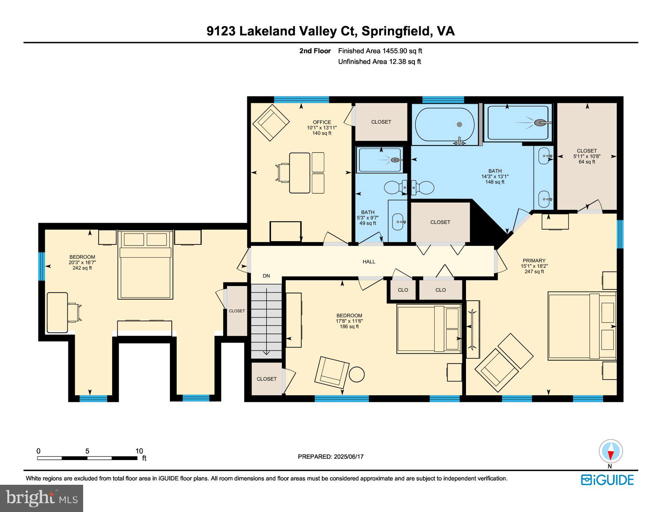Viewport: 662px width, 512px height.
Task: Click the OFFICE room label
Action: [x=322, y=122]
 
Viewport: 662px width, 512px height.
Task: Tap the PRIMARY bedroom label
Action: [x=534, y=261]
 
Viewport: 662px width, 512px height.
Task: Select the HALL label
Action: [x=369, y=262]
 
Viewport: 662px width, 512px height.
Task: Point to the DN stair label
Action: [x=266, y=276]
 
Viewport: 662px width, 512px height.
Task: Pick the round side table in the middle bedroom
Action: [x=356, y=374]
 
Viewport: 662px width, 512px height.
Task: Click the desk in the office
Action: [x=299, y=173]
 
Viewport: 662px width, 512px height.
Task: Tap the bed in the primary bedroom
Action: [x=582, y=326]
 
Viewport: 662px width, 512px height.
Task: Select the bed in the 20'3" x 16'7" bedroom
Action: [x=146, y=265]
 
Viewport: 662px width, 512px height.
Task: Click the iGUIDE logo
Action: [x=607, y=480]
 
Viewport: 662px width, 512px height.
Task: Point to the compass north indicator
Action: [x=611, y=451]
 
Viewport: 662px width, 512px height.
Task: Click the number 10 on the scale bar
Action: [x=139, y=451]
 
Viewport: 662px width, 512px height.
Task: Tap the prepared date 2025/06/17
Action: [x=349, y=456]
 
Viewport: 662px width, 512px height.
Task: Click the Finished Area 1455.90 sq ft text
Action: [x=380, y=51]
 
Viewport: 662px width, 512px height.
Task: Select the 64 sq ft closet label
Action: [x=587, y=162]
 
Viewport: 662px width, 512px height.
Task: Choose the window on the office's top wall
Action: [x=301, y=99]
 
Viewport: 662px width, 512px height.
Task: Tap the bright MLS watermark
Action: [x=42, y=498]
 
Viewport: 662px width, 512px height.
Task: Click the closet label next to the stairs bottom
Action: [x=267, y=379]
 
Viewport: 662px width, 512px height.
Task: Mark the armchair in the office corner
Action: [x=271, y=123]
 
